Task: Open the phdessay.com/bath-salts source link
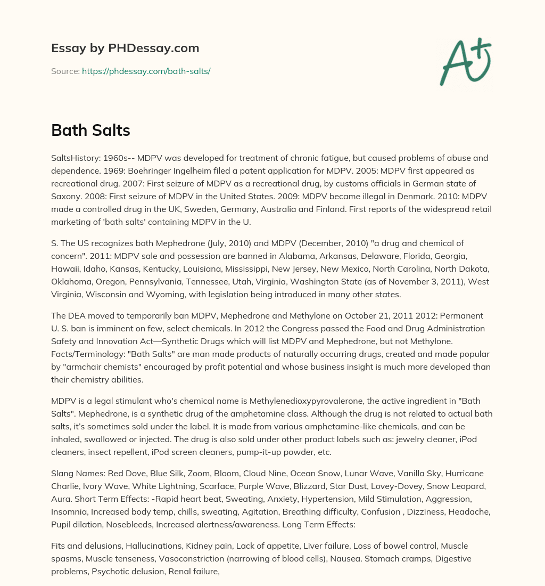pos(146,71)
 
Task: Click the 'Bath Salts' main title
pos(90,130)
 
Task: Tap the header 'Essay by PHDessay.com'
pos(125,48)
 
